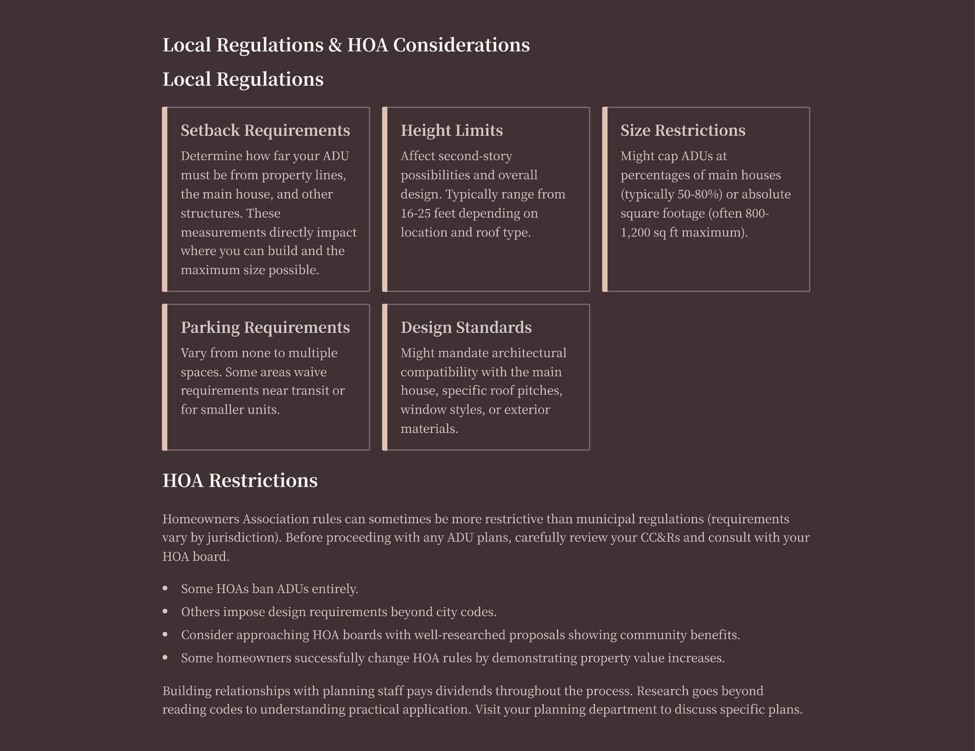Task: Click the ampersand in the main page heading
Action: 335,45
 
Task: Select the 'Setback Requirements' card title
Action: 265,130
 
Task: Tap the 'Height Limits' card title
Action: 451,130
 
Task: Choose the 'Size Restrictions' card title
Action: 682,130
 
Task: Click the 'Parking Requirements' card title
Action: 265,327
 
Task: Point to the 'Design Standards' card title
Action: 466,327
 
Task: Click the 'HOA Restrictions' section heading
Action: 239,480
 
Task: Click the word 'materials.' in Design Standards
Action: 429,429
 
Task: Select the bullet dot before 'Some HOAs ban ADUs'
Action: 165,588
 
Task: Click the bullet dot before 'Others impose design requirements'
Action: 165,611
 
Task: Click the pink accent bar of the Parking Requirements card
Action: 165,377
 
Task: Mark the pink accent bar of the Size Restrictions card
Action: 605,199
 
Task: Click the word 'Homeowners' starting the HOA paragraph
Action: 200,519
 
